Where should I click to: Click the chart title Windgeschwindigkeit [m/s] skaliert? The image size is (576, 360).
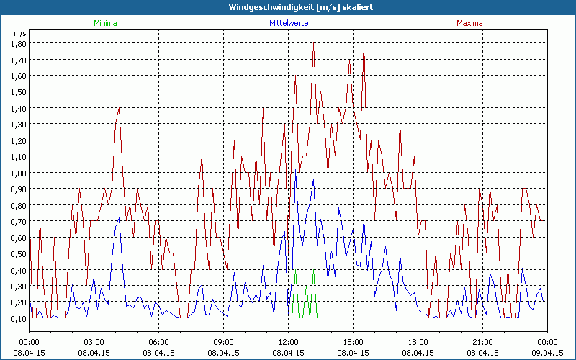tap(288, 6)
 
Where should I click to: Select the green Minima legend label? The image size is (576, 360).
tap(104, 23)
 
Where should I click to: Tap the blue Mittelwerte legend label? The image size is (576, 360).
tap(288, 23)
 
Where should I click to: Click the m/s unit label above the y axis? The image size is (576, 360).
tap(19, 33)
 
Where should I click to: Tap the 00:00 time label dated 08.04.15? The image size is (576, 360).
tap(29, 342)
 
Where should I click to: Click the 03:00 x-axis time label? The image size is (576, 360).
tap(94, 342)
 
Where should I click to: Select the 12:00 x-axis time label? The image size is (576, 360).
tap(288, 342)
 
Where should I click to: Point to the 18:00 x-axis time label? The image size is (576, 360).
tap(418, 342)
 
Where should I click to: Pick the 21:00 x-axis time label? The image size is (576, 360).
tap(482, 342)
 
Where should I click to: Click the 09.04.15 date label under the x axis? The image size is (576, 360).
tap(547, 353)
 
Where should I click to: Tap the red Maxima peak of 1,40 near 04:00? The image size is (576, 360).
tap(119, 109)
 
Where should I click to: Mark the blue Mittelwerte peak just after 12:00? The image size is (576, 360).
tap(296, 171)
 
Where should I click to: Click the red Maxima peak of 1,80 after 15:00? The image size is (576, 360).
tap(364, 45)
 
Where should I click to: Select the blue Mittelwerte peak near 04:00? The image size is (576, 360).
tap(119, 217)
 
